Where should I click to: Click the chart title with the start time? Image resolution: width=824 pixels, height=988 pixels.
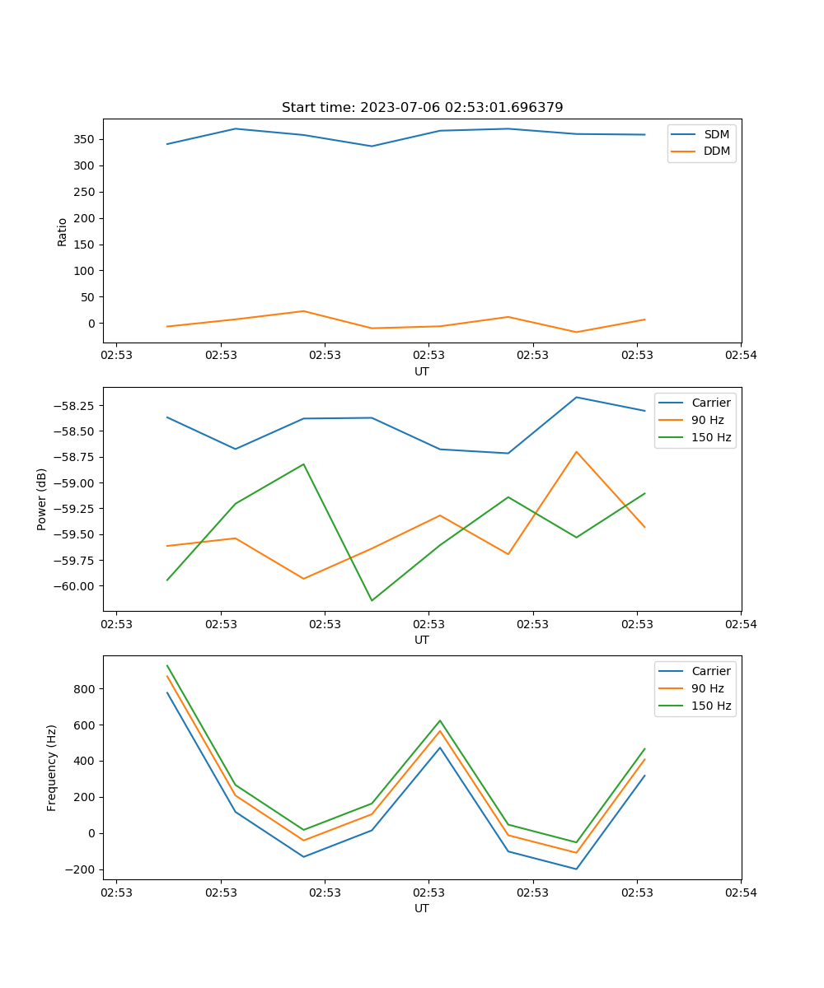click(422, 108)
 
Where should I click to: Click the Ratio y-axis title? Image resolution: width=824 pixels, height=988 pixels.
click(63, 231)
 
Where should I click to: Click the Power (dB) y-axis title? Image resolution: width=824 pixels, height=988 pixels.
click(42, 499)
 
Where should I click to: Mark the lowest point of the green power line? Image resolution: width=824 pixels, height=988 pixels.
click(372, 600)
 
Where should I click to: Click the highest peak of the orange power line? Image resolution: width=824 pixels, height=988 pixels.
click(576, 451)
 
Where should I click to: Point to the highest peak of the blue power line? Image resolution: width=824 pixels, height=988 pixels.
click(576, 397)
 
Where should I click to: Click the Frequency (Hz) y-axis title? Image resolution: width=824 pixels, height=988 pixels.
click(52, 767)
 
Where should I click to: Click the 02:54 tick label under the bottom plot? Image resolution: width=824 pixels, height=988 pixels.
click(741, 892)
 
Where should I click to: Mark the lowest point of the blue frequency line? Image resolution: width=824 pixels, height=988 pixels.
click(576, 869)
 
